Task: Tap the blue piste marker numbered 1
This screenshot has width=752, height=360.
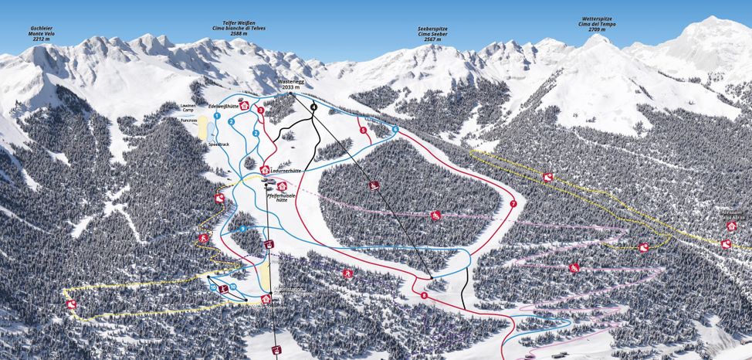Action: pos(217,116)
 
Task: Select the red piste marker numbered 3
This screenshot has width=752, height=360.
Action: pos(261,111)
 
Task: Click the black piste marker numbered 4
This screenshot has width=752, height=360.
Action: pos(313,107)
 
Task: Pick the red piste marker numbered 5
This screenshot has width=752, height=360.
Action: pos(363,131)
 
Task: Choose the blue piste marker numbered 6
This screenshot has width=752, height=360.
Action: pos(395,129)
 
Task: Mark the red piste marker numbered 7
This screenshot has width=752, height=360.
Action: pos(513,204)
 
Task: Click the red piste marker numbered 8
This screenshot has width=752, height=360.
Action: pos(424,296)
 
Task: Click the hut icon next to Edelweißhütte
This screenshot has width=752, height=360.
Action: pos(244,106)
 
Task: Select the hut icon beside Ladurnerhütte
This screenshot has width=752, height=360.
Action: pos(265,170)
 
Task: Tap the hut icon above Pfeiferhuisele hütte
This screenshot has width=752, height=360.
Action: pos(282,186)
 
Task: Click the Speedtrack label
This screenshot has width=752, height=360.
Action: pos(219,144)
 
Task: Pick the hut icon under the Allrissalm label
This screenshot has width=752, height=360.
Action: pos(731,226)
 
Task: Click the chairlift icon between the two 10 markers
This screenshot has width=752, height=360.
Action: pos(223,289)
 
